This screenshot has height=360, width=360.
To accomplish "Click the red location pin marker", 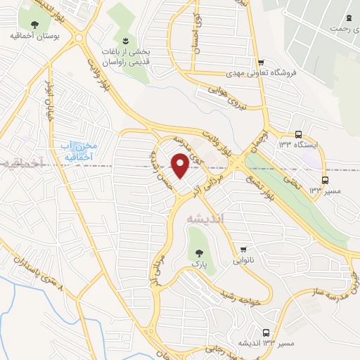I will click(180, 166).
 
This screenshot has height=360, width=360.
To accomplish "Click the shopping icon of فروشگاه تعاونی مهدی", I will click(261, 62).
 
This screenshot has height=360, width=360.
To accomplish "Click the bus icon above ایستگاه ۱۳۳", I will click(298, 134).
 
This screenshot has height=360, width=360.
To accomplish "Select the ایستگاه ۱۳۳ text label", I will click(298, 145).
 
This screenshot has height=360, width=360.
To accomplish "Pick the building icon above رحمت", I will click(349, 18).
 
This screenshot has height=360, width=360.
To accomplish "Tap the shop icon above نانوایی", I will click(243, 249).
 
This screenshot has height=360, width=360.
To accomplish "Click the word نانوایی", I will click(243, 259).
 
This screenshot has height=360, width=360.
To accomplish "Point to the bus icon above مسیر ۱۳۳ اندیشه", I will click(265, 332).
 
